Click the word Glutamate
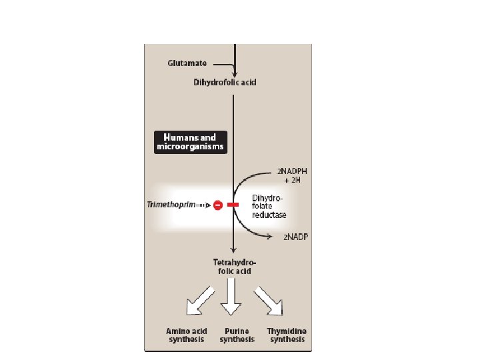[x=187, y=63]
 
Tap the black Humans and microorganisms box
[x=190, y=142]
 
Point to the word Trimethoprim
[x=171, y=205]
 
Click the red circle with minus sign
[x=218, y=205]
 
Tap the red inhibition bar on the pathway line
[x=233, y=205]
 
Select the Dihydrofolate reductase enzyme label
[x=269, y=206]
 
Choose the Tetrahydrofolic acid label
[x=230, y=266]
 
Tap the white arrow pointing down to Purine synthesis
[x=231, y=299]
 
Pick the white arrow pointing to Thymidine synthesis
[x=269, y=301]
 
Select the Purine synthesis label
[x=237, y=335]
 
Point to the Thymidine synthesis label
[x=287, y=335]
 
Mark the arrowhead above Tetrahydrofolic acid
[x=233, y=250]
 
